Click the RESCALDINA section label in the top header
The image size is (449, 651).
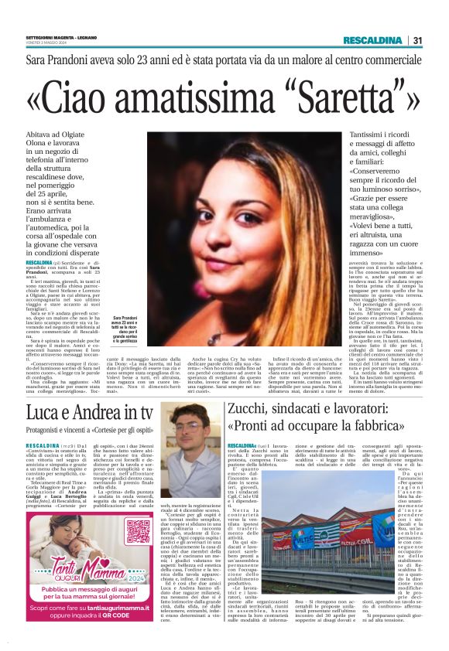click(374, 40)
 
